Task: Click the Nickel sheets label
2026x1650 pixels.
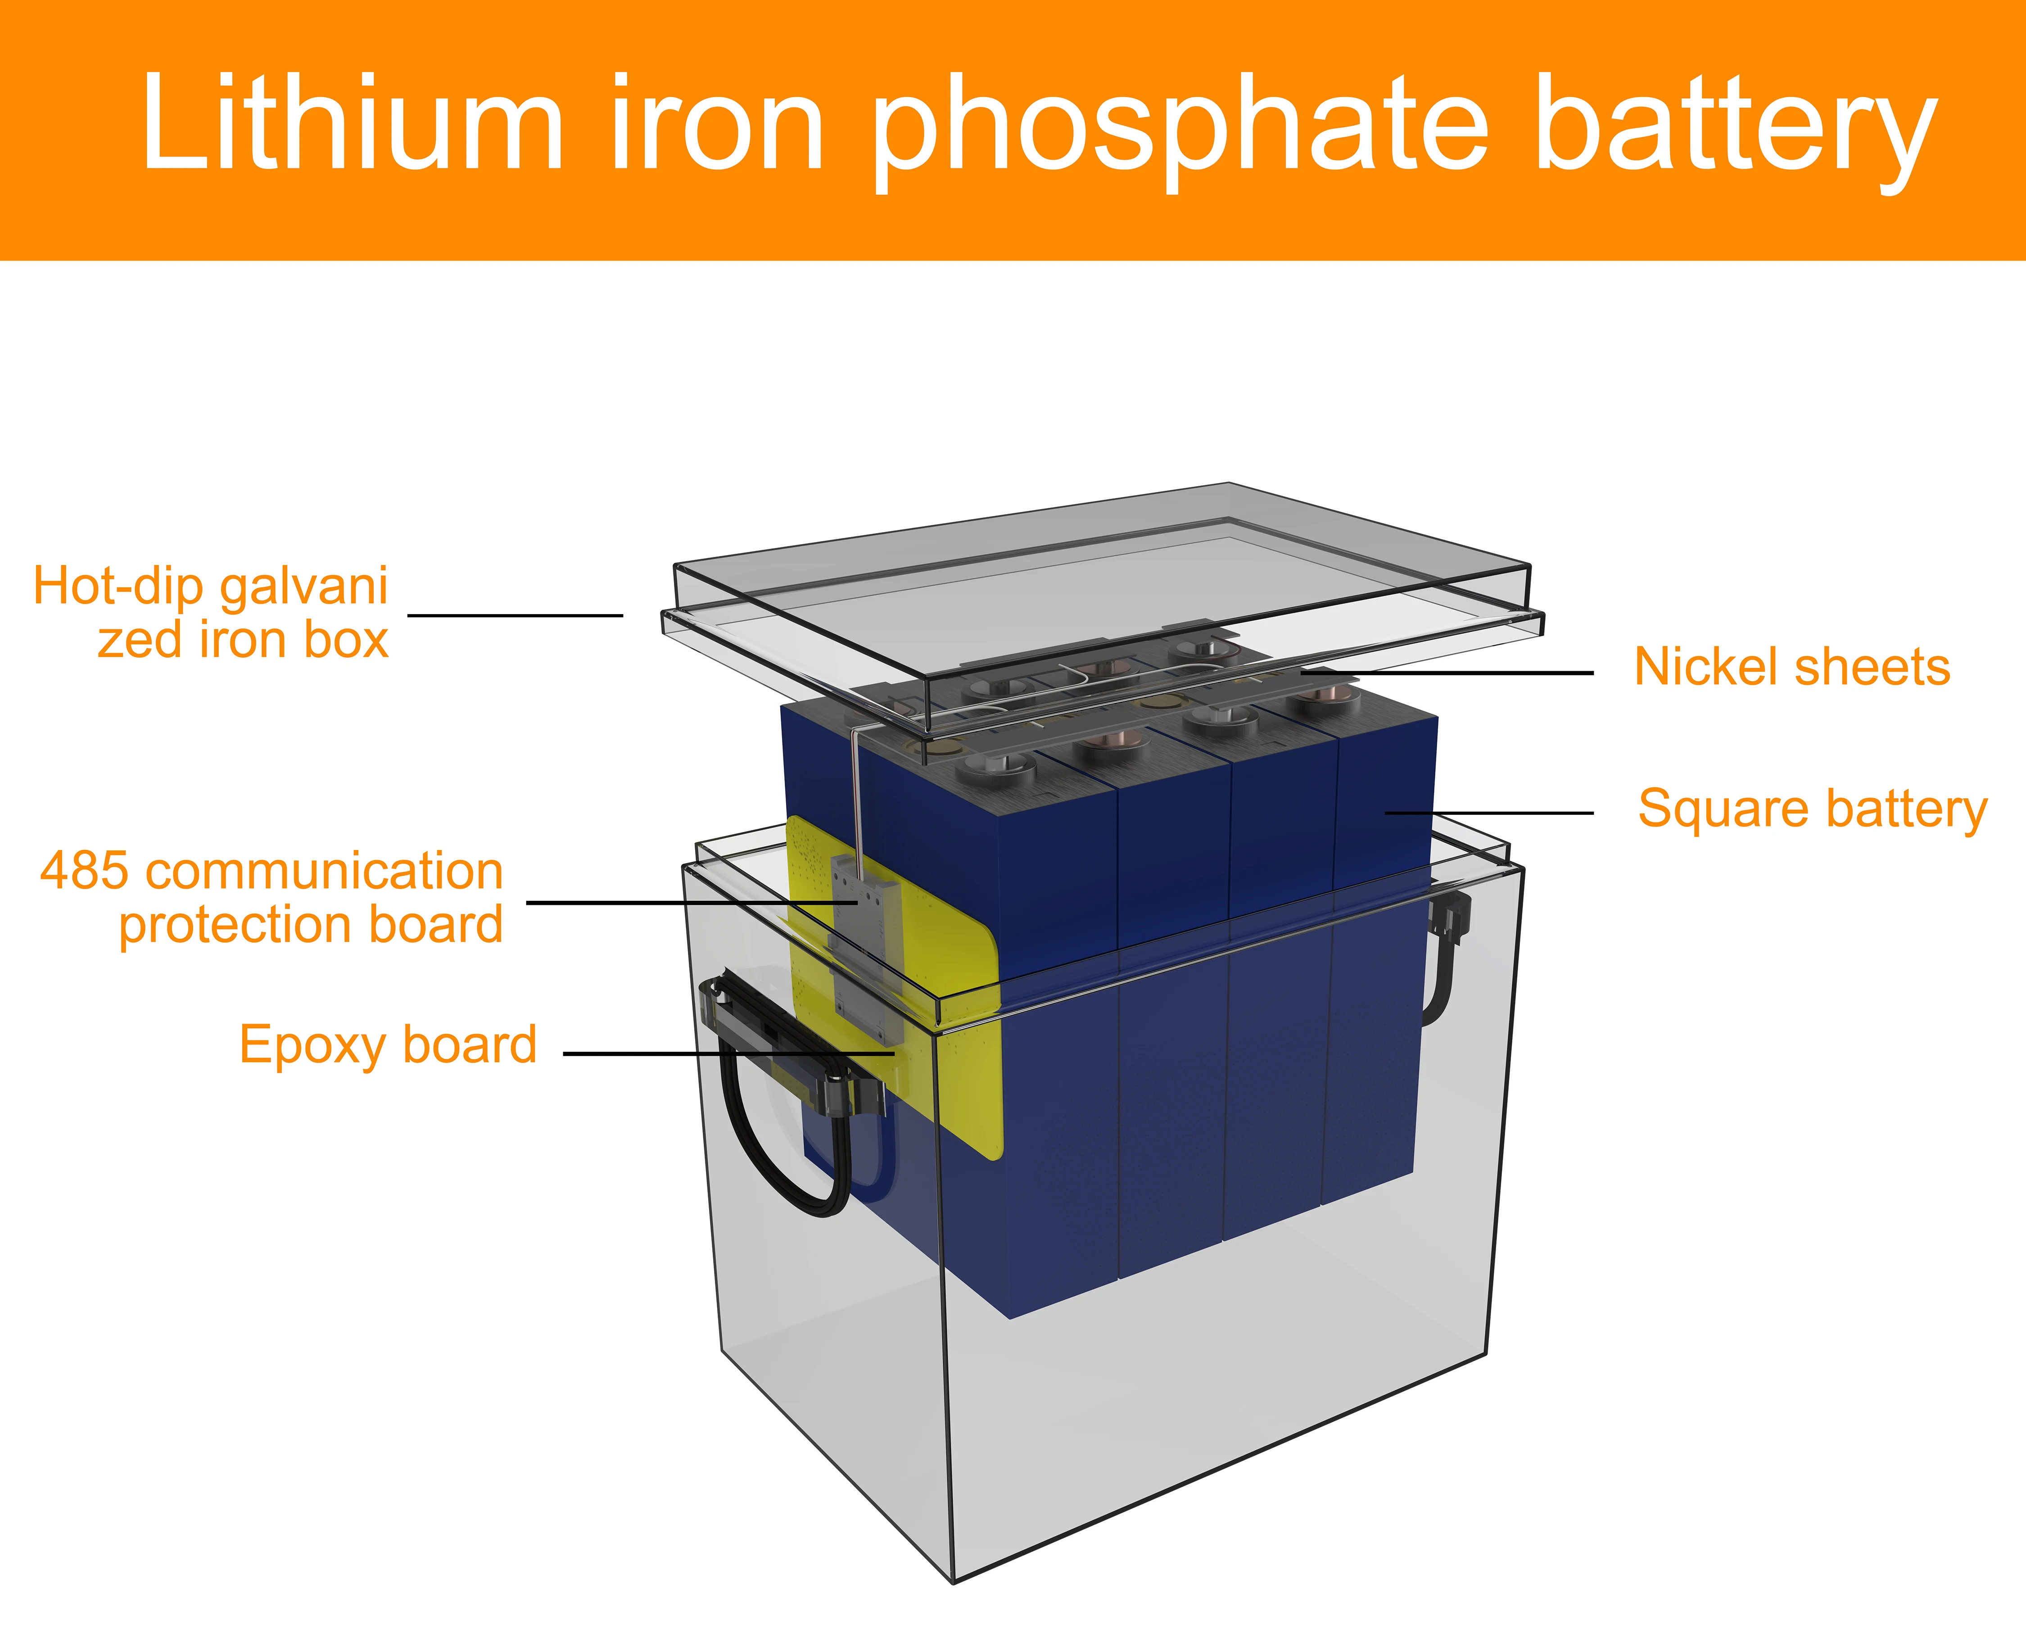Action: (1791, 667)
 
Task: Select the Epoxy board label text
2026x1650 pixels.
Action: (388, 1045)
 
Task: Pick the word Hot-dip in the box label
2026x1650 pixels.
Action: (119, 587)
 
